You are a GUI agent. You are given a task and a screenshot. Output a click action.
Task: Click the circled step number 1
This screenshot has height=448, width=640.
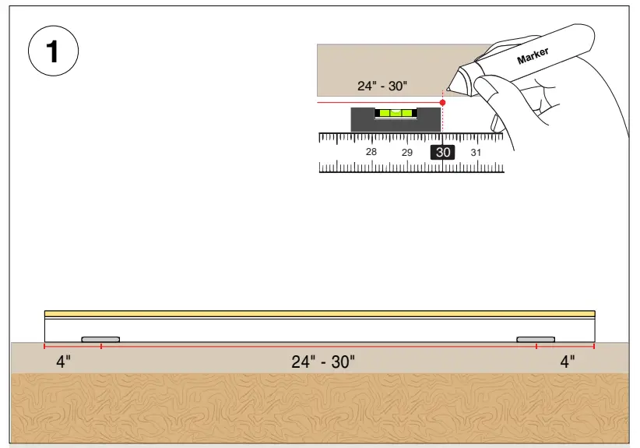(x=53, y=52)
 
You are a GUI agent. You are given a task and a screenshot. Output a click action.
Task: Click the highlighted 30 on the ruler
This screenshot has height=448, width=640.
(x=443, y=153)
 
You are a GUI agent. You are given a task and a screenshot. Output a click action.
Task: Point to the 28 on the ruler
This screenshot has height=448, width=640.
(x=371, y=152)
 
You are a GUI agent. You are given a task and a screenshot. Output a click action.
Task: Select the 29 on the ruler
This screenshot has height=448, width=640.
(x=407, y=153)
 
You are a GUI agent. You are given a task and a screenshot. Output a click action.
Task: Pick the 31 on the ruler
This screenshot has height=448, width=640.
(x=476, y=153)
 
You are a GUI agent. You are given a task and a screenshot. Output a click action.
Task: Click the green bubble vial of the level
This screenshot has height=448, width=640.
(x=396, y=114)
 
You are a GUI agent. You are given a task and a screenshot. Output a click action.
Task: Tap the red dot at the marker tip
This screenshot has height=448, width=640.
(x=442, y=102)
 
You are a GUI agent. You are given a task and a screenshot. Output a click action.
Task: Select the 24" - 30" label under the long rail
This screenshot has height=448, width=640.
(x=323, y=362)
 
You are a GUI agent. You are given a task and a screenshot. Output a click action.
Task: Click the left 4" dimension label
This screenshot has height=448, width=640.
(x=64, y=362)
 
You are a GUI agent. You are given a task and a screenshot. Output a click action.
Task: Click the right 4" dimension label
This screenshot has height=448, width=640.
(x=568, y=362)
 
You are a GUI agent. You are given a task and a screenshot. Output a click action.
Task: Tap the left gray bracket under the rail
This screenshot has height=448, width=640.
(x=100, y=340)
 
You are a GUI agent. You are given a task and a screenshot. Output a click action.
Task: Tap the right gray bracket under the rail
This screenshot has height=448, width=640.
(x=536, y=340)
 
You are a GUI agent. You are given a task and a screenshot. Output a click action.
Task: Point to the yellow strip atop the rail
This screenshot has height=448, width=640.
(x=319, y=313)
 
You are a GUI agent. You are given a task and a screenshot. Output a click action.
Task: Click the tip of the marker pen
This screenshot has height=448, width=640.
(x=449, y=92)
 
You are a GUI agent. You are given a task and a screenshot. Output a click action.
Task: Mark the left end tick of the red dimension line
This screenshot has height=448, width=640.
(x=44, y=346)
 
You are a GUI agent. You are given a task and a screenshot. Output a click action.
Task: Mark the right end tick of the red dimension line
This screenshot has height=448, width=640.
(x=594, y=346)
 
